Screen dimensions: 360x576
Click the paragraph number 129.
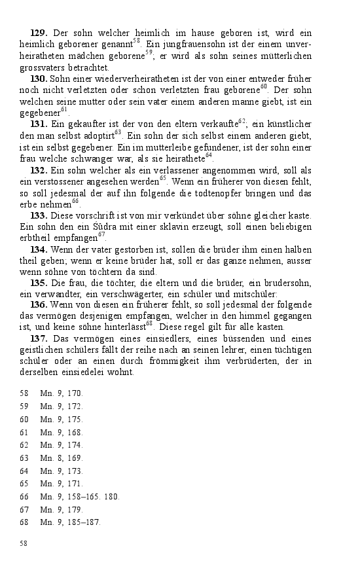point(39,32)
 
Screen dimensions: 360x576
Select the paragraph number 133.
point(39,215)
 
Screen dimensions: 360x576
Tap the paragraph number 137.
point(39,338)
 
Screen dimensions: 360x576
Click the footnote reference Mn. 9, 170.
point(62,394)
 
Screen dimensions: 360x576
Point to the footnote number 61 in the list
point(24,432)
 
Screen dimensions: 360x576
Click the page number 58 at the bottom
point(24,543)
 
